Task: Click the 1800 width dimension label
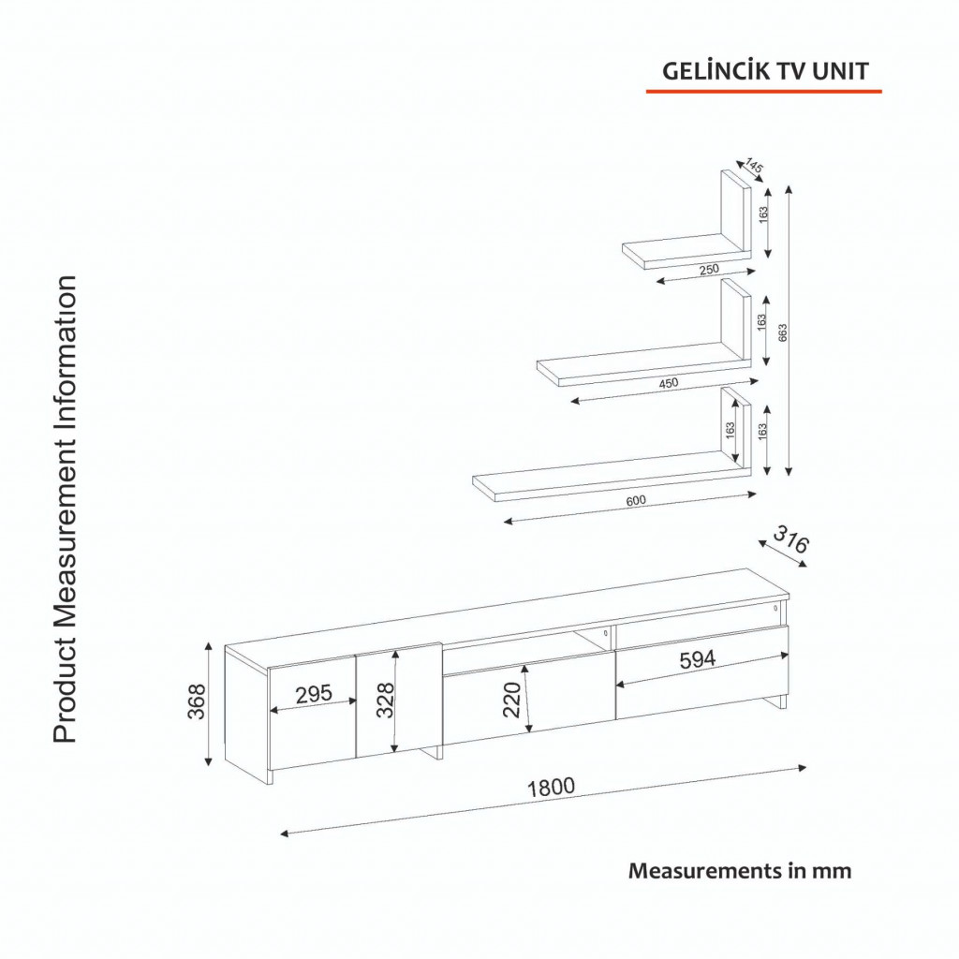pos(551,787)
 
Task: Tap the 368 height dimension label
pos(197,701)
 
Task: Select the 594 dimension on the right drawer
pos(697,659)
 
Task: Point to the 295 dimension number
pos(314,694)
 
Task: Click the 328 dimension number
pos(385,700)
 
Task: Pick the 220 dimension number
pos(511,699)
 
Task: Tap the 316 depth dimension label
pos(790,539)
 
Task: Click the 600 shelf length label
pos(636,500)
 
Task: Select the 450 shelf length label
pos(669,383)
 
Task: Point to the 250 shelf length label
pos(709,269)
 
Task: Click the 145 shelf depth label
pos(754,166)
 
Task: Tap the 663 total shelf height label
pos(782,332)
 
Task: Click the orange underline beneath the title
pos(764,91)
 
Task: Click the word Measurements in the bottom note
pos(705,870)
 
